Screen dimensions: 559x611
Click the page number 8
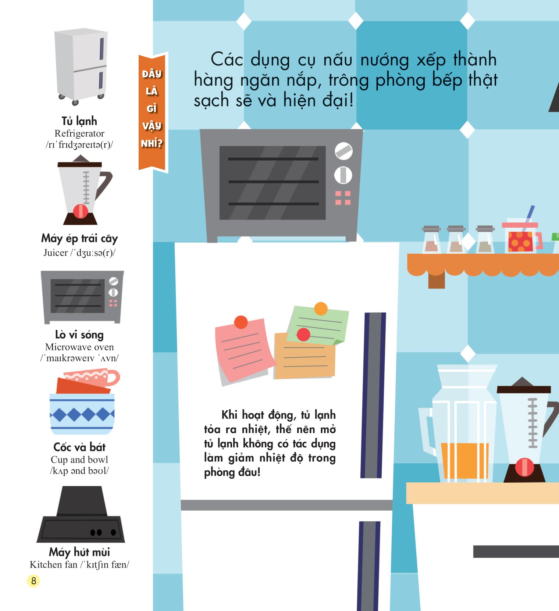click(x=33, y=581)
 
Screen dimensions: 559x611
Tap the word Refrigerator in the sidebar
click(x=79, y=133)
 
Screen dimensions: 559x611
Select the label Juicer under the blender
click(x=56, y=253)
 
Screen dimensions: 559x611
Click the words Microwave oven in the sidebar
click(x=79, y=347)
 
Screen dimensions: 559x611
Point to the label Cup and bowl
click(x=79, y=460)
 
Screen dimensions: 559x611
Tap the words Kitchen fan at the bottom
click(x=54, y=564)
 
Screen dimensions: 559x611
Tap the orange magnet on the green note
click(x=321, y=308)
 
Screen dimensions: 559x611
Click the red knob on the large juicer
click(x=524, y=467)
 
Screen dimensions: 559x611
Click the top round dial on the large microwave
click(x=343, y=151)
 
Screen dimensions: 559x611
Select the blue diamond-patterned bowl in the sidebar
click(x=82, y=414)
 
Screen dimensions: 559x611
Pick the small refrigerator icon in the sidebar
click(x=81, y=66)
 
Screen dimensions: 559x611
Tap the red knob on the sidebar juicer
click(x=81, y=211)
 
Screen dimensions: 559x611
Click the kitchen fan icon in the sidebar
click(x=81, y=514)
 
